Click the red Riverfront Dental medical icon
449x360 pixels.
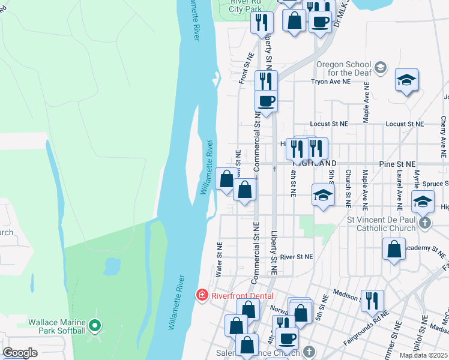pos(202,296)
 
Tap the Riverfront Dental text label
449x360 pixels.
pos(241,296)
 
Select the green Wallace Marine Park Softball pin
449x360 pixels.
pos(94,326)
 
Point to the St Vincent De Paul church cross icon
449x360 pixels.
pos(425,223)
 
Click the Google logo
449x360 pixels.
pos(20,353)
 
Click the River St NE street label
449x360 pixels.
pos(297,256)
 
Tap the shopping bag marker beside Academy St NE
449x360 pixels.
pos(393,249)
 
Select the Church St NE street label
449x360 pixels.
pos(348,188)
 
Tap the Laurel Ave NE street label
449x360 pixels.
pos(399,187)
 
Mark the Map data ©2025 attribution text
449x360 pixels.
pos(424,355)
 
